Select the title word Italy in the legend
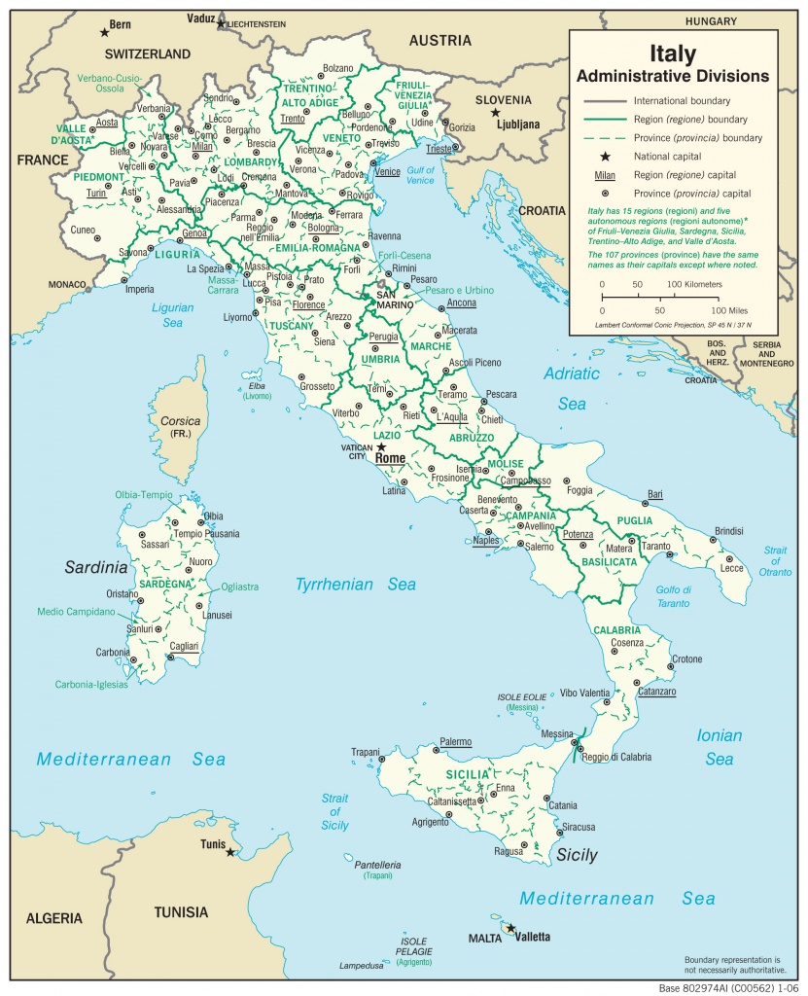[672, 55]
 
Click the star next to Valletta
[510, 928]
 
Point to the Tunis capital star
[229, 852]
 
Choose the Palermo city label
[455, 741]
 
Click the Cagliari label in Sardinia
[184, 646]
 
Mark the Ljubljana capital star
[495, 113]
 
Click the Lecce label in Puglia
[730, 567]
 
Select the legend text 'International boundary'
[682, 100]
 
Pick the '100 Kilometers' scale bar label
[694, 284]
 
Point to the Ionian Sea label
[720, 747]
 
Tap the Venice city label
[387, 172]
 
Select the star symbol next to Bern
[104, 33]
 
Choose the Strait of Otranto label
[776, 560]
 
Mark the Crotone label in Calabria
[686, 659]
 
